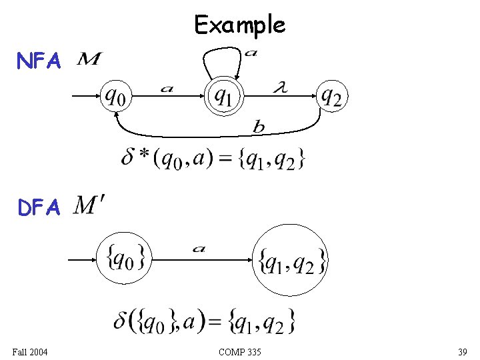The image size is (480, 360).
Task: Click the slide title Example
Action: [x=240, y=25]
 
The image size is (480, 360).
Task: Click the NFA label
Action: [x=39, y=62]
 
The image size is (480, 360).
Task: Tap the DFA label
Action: [x=39, y=209]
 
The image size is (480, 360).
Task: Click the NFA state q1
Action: [x=223, y=97]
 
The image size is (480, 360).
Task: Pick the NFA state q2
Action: [x=331, y=97]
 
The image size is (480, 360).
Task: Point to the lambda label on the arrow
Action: [x=281, y=87]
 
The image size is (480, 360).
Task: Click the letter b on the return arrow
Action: [x=258, y=127]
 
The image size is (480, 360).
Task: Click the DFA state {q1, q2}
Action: [x=292, y=260]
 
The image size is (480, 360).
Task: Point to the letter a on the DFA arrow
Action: [x=199, y=249]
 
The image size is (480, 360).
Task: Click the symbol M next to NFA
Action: [x=89, y=61]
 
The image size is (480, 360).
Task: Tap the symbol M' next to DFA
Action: [x=89, y=205]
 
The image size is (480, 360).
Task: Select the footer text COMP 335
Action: [x=240, y=351]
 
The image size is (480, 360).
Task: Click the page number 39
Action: [x=462, y=351]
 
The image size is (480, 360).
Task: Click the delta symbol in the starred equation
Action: [x=128, y=158]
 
